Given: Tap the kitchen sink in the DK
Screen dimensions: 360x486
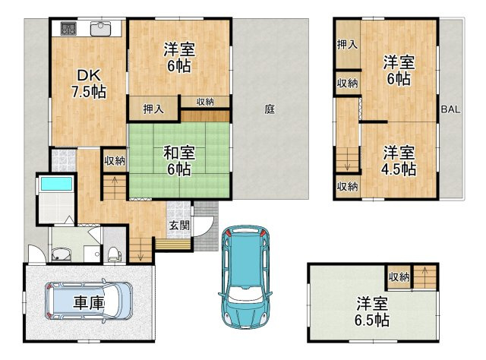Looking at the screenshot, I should point(100,30).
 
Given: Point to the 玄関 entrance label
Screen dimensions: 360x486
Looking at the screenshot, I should point(179,225).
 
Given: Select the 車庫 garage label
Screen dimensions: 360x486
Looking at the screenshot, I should point(90,302).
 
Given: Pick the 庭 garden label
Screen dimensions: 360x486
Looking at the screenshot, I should point(270,109).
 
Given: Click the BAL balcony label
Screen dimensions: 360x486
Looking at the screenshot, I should point(450,110).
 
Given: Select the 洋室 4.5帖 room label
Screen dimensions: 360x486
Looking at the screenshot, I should point(399,159).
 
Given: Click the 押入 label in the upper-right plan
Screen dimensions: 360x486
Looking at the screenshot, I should point(348,46).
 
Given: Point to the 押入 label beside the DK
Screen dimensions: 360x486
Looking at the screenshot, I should point(154,109).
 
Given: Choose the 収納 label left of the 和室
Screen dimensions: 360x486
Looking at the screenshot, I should point(115,160).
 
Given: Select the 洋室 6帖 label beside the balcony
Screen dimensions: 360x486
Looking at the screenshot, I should point(397,70).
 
